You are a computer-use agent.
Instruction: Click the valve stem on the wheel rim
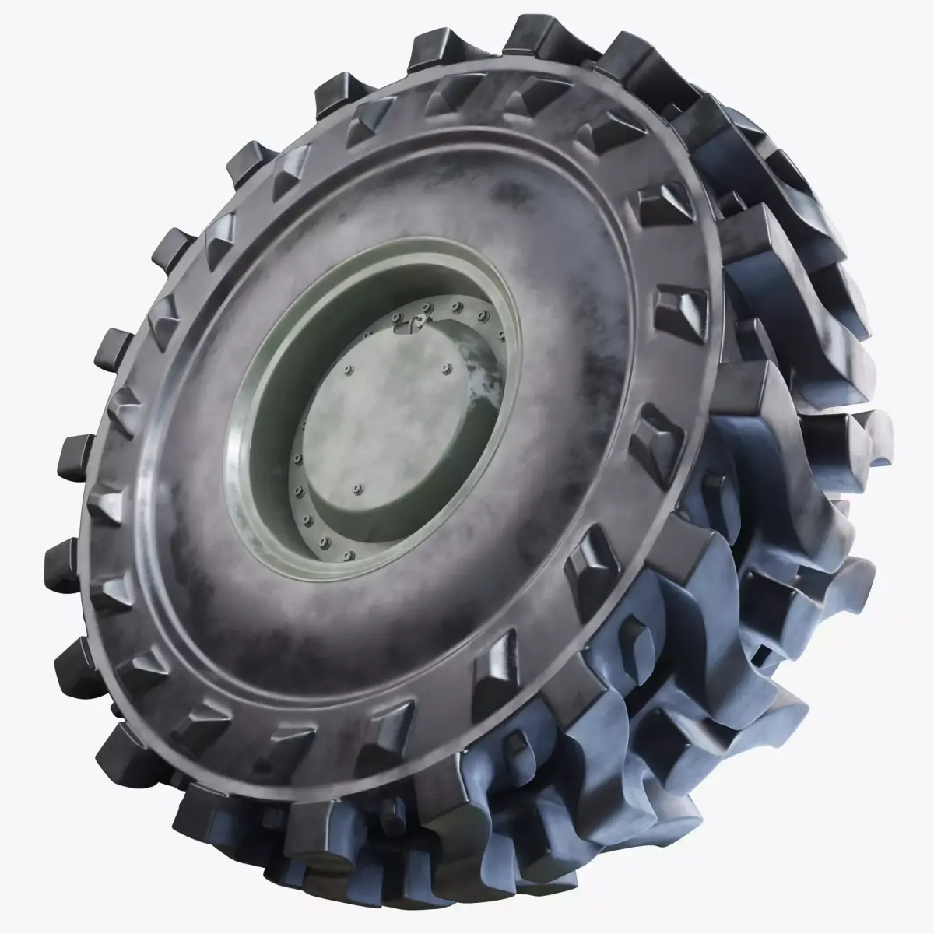[420, 322]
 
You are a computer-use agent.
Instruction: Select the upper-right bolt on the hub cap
[448, 366]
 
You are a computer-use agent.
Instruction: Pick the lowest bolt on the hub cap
[357, 490]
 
